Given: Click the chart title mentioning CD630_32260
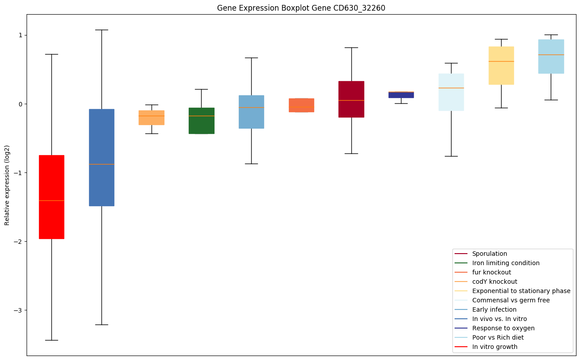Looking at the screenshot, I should click(298, 8).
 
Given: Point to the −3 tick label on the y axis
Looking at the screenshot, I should click(18, 310).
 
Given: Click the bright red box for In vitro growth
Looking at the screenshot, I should click(51, 222).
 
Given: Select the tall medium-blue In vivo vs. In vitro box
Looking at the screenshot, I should click(101, 133).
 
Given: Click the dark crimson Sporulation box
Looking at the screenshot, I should click(351, 111).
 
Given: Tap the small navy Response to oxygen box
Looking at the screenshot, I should click(401, 95).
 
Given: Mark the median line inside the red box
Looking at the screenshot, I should click(51, 200).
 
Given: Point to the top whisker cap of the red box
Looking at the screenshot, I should click(51, 54).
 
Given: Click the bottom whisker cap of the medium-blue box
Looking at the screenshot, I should click(101, 325).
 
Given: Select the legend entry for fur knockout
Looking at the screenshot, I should click(491, 272).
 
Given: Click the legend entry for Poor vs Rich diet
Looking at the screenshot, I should click(498, 337).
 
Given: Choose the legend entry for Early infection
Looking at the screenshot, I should click(494, 309).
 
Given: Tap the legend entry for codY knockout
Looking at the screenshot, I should click(494, 282).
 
